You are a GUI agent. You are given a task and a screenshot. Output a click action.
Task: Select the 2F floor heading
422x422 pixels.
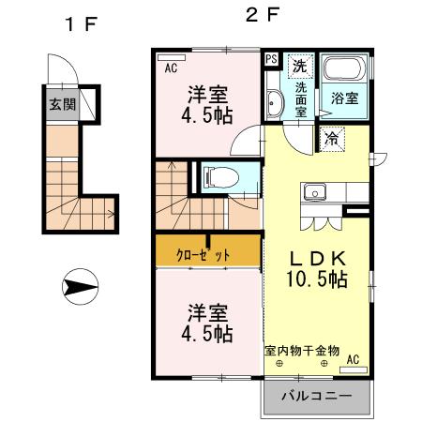pyautogui.click(x=264, y=16)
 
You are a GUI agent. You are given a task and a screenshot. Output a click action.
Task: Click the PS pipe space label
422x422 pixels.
pyautogui.click(x=272, y=59)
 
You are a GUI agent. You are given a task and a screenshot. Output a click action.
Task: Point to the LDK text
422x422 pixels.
pyautogui.click(x=318, y=258)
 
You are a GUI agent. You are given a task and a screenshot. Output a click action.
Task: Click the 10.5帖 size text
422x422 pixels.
pyautogui.click(x=318, y=279)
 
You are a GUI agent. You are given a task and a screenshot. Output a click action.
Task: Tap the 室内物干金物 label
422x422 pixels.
pyautogui.click(x=301, y=350)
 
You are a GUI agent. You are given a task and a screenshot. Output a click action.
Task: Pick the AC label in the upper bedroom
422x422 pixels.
pyautogui.click(x=172, y=68)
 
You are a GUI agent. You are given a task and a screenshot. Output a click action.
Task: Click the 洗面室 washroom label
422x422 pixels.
pyautogui.click(x=301, y=96)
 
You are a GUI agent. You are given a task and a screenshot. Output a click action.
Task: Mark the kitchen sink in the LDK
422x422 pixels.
pyautogui.click(x=312, y=193)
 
